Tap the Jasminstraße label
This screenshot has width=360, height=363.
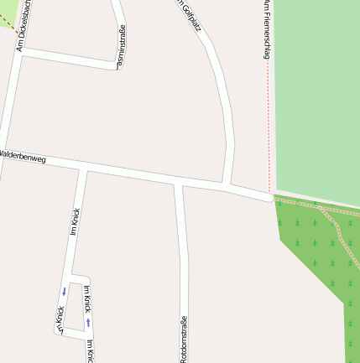122,47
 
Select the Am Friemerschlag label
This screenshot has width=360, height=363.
265,29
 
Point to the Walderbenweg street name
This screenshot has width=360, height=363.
23,156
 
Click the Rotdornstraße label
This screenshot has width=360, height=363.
183,339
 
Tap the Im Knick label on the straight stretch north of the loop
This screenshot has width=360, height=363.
76,220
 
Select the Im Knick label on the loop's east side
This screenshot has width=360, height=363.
87,298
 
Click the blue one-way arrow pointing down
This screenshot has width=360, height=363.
64,292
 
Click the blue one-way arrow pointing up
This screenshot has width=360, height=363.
88,322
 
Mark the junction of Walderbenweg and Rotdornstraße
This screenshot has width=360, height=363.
177,181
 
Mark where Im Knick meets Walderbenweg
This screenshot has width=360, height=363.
83,169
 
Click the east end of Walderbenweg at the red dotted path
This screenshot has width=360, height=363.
269,198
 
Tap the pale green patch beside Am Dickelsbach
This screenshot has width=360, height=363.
7,13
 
